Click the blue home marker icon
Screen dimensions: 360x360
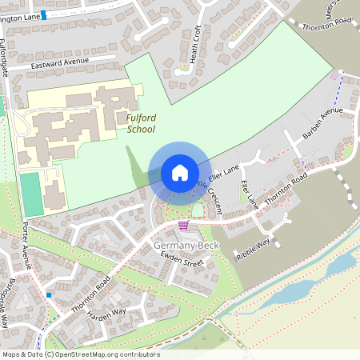coord(179,172)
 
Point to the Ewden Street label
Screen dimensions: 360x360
coord(183,259)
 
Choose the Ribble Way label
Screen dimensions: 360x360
coord(254,246)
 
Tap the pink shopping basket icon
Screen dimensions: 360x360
coord(184,226)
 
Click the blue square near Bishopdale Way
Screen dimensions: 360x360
coord(49,295)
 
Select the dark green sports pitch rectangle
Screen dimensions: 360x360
coord(30,194)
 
